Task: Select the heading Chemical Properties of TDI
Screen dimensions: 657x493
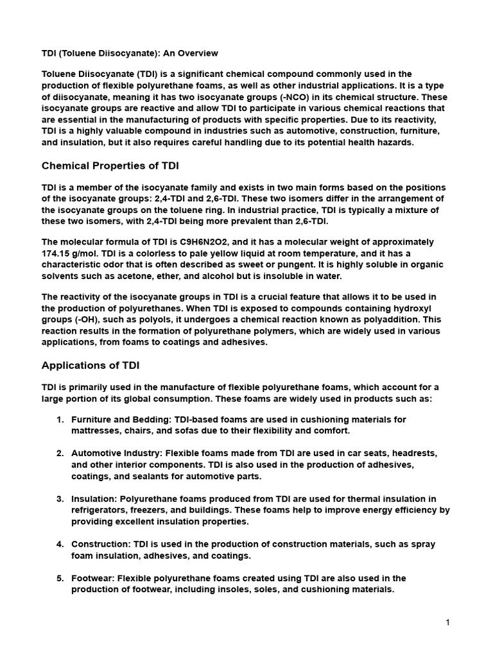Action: point(110,166)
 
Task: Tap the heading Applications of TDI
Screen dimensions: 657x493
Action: point(91,365)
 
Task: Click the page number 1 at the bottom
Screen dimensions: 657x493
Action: point(448,622)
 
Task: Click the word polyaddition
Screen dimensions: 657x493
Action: point(388,319)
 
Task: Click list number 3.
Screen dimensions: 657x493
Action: point(60,499)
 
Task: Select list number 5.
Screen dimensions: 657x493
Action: point(60,578)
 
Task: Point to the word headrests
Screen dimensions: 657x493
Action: point(415,453)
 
